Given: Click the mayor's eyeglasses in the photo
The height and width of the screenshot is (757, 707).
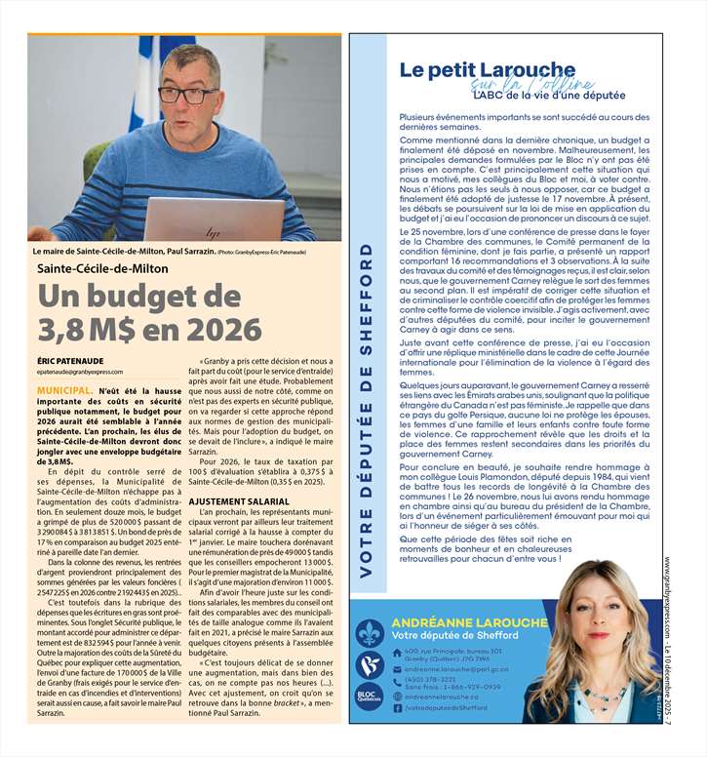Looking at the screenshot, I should pyautogui.click(x=187, y=96).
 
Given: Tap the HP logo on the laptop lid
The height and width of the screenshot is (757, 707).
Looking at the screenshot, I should pyautogui.click(x=212, y=231).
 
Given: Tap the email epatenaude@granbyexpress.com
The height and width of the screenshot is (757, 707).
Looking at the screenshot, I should pyautogui.click(x=80, y=372).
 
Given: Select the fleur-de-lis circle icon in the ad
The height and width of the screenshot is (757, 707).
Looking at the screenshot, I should pyautogui.click(x=370, y=634).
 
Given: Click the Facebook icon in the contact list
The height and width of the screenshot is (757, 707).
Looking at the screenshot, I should pyautogui.click(x=397, y=707).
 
